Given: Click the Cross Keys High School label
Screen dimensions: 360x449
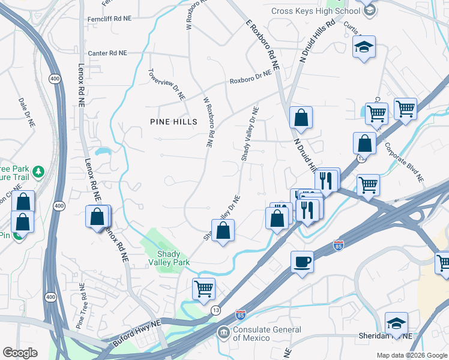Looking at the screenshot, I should [x=315, y=11].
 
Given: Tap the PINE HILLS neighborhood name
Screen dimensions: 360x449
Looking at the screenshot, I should [x=173, y=122].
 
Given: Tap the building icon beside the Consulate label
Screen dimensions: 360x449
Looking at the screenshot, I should [x=223, y=332].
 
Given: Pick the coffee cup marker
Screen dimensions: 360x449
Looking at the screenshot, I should [x=302, y=262].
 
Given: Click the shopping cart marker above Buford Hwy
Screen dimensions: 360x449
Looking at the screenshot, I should [x=203, y=289].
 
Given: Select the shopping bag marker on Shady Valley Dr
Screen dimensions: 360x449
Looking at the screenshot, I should [x=223, y=230].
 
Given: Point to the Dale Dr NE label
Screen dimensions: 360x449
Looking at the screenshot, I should [x=26, y=112].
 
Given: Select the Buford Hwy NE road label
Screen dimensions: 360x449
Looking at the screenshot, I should [x=137, y=334].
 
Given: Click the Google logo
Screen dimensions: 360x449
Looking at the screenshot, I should [x=20, y=353].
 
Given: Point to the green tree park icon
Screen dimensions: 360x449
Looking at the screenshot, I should [x=39, y=172].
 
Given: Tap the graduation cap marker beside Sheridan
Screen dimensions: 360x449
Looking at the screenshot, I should [x=396, y=323].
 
